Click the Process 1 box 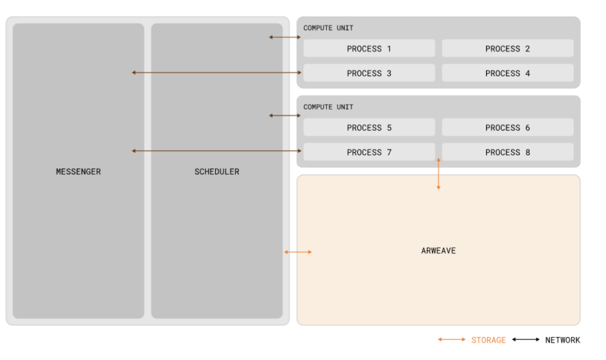(369, 49)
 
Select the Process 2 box (507, 49)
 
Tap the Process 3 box (369, 73)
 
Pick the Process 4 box (507, 73)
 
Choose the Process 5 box (369, 127)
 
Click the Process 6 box (507, 127)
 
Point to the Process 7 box (369, 152)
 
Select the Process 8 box (507, 152)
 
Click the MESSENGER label (79, 172)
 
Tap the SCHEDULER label (217, 172)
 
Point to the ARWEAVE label (439, 250)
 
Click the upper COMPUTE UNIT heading (328, 28)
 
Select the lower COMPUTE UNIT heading (328, 107)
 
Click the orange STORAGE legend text (488, 340)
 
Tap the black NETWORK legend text (563, 340)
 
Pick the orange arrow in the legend (452, 339)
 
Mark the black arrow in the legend (526, 339)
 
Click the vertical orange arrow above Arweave (439, 173)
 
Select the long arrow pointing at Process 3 (217, 72)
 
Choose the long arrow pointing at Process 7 (217, 151)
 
